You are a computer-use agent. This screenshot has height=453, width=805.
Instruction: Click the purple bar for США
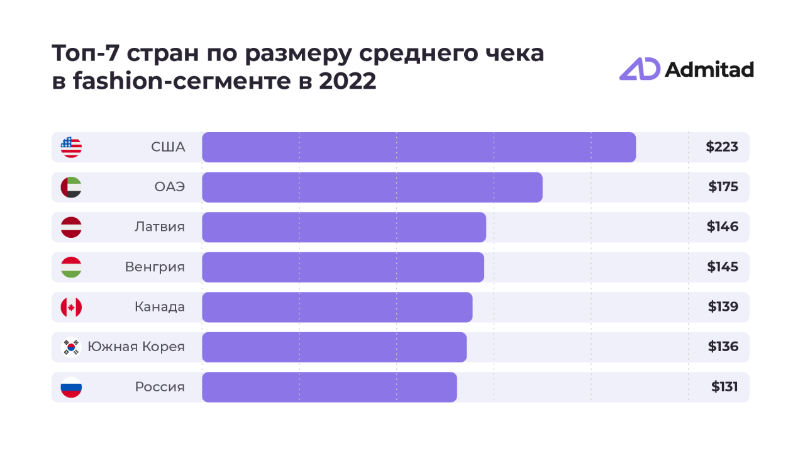tap(419, 147)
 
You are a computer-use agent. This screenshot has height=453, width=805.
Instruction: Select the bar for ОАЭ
tap(372, 187)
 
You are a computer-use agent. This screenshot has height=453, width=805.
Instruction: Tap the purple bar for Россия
tap(330, 387)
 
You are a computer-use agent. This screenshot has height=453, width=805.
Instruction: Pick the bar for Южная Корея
tap(334, 347)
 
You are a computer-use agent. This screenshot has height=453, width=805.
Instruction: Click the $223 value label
tap(722, 147)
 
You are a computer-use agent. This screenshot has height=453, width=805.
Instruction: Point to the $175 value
tap(723, 187)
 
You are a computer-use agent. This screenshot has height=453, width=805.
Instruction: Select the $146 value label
tap(723, 226)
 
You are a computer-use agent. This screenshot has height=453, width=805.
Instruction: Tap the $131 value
tap(724, 387)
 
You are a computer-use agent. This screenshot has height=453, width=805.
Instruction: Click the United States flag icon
tap(71, 147)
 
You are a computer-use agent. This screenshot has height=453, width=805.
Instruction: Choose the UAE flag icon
tap(71, 187)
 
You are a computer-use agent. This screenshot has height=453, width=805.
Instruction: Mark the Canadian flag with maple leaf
tap(71, 307)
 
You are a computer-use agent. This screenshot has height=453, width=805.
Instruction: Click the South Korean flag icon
tap(71, 347)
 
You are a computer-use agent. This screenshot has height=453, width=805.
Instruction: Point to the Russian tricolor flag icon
tap(71, 387)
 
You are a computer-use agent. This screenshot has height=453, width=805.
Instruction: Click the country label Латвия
tap(160, 226)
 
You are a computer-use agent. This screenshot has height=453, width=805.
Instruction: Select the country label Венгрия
tap(155, 267)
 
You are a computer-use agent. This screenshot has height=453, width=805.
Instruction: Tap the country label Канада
tap(160, 307)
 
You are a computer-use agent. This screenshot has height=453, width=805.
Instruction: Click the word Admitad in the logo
tap(709, 69)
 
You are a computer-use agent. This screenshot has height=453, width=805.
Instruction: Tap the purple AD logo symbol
tap(639, 69)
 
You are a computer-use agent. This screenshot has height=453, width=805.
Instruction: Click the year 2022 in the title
tap(347, 82)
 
